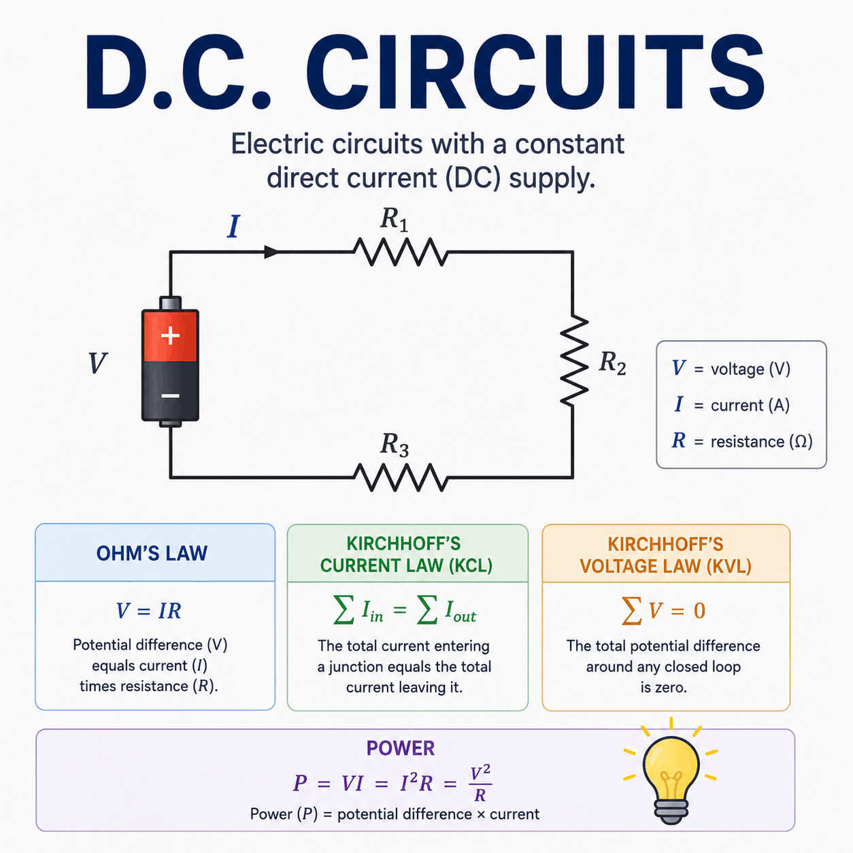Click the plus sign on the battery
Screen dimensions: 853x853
click(x=170, y=335)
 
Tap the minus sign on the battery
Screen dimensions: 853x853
click(x=170, y=395)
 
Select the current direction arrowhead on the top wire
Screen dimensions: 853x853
click(x=271, y=252)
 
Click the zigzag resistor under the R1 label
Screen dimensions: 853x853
click(x=401, y=252)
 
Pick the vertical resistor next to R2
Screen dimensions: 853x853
click(x=573, y=360)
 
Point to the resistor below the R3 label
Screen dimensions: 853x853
click(x=401, y=478)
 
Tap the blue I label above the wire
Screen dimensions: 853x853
click(x=233, y=227)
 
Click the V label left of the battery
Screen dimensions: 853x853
click(x=97, y=363)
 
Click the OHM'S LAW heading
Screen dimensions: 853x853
click(x=152, y=553)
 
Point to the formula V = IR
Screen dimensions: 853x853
click(x=149, y=611)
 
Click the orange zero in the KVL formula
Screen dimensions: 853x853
click(x=699, y=611)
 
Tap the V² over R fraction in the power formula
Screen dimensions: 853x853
click(x=480, y=784)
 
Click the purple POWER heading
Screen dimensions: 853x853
click(x=401, y=748)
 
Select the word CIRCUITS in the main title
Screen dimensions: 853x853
click(x=534, y=71)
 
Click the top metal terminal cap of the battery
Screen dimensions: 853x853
click(x=170, y=303)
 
